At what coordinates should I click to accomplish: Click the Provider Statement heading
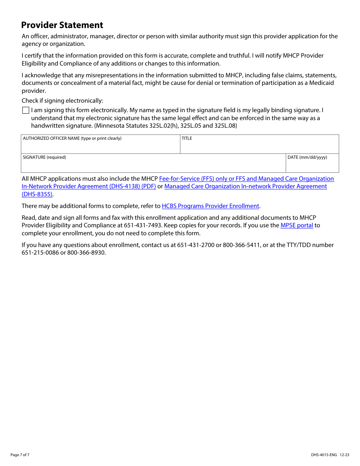pyautogui.click(x=62, y=25)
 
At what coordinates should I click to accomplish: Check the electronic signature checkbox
pyautogui.click(x=26, y=110)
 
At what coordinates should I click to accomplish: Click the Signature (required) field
pyautogui.click(x=153, y=165)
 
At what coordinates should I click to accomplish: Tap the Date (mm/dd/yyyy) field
pyautogui.click(x=312, y=165)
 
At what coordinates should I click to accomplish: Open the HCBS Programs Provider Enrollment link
pyautogui.click(x=210, y=206)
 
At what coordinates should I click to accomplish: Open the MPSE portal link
pyautogui.click(x=297, y=225)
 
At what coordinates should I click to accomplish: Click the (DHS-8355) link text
pyautogui.click(x=37, y=194)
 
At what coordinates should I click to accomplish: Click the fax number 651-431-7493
pyautogui.click(x=142, y=225)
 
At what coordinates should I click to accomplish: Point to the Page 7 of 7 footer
pyautogui.click(x=20, y=455)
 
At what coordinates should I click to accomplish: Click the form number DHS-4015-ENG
pyautogui.click(x=324, y=455)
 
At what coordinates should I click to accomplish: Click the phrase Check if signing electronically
pyautogui.click(x=62, y=101)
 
